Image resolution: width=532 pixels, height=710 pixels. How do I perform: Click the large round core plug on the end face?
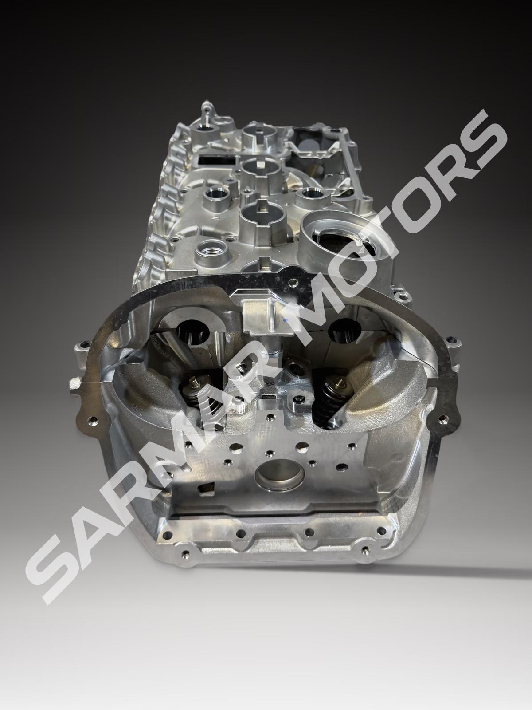[280, 477]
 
